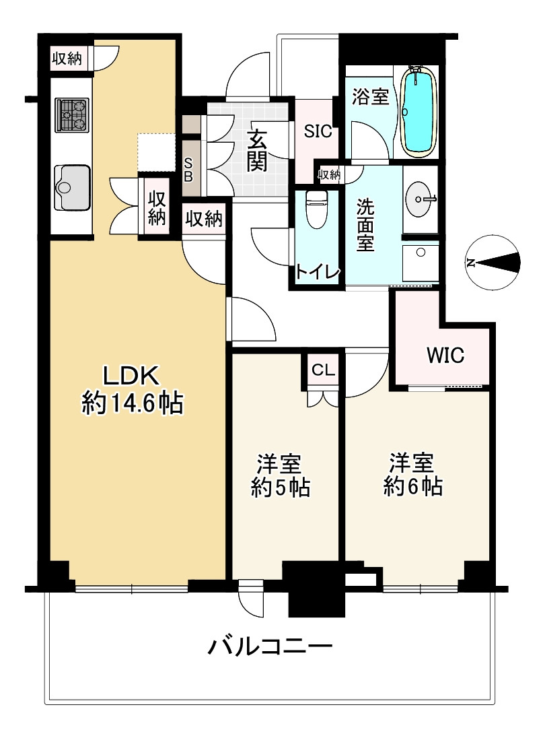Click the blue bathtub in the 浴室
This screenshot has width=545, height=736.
[419, 112]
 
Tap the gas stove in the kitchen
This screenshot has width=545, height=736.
[72, 114]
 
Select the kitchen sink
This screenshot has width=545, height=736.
[72, 187]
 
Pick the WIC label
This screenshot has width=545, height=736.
[445, 356]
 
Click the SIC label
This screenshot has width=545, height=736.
[318, 131]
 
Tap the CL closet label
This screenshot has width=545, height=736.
[323, 370]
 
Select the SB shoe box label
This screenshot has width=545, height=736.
[188, 170]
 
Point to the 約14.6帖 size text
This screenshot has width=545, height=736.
[133, 403]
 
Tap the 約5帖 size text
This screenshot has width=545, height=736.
[280, 488]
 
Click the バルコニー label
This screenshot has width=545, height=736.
[270, 647]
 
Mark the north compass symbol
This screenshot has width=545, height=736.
[493, 262]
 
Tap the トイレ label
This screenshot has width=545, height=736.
[317, 272]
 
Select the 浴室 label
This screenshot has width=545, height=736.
[371, 97]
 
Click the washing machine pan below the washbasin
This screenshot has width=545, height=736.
[421, 263]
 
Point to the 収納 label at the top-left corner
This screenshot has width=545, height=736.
[67, 59]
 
